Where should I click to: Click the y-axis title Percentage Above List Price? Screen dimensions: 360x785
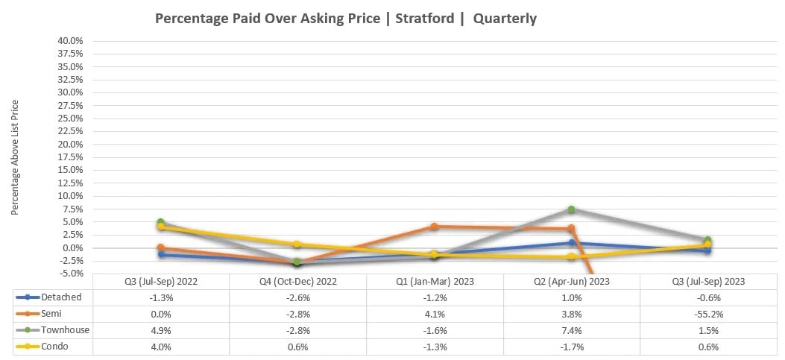click(15, 159)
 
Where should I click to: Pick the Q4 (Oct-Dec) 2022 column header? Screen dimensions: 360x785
click(297, 282)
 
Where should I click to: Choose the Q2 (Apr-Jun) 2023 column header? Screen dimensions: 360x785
click(571, 282)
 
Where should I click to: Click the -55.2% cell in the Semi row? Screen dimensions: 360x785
click(707, 314)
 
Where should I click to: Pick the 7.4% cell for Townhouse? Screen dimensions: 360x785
click(571, 329)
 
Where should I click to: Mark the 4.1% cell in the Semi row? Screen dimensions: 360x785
click(434, 314)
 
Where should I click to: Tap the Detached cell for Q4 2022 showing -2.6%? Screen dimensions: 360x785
click(297, 297)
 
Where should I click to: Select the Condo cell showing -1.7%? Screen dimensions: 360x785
click(571, 346)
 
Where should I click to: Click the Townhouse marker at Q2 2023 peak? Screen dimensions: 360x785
click(571, 209)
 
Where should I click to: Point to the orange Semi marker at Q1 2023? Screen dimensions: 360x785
click(434, 227)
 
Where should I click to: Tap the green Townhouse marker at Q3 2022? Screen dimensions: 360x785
click(160, 222)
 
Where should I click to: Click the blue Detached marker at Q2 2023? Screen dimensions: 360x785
click(571, 242)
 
